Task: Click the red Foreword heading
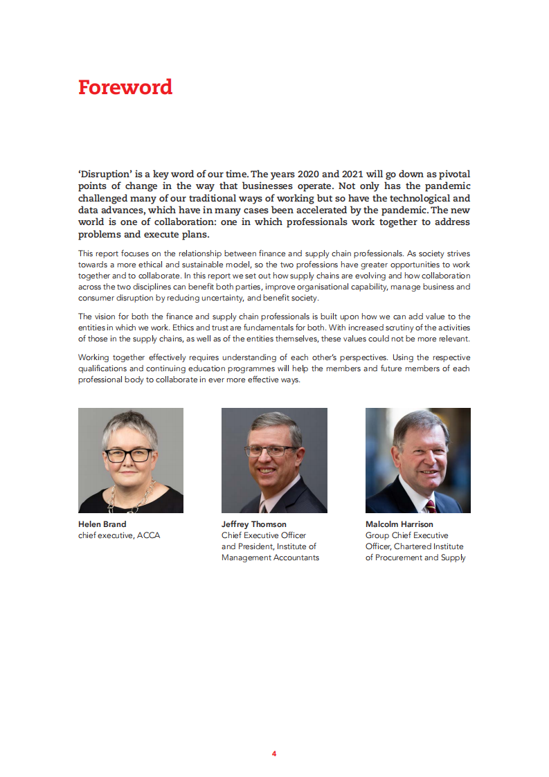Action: [125, 87]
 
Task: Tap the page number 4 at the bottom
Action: [274, 753]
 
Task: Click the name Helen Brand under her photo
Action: [102, 524]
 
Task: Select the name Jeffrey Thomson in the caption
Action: [253, 524]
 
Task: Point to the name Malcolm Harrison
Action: [399, 524]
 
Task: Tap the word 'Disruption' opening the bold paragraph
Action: [107, 173]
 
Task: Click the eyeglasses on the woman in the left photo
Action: [128, 455]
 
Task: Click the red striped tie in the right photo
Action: [430, 506]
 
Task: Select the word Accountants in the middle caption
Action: [297, 557]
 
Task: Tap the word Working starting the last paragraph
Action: [97, 358]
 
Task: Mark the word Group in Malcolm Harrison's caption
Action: [377, 535]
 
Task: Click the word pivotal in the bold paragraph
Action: [453, 173]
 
